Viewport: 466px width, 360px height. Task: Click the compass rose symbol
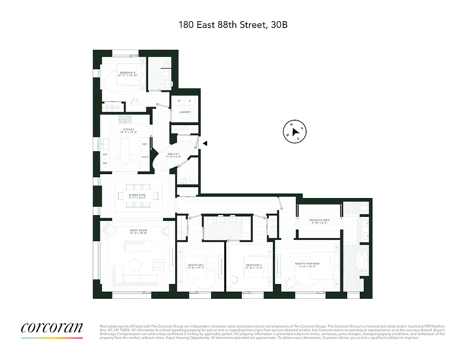(294, 132)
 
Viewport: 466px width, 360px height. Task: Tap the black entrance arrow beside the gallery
(204, 144)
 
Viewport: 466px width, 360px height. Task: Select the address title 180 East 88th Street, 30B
(233, 25)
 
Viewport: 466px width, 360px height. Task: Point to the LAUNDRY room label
(185, 112)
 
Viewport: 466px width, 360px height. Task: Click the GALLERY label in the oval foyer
(173, 154)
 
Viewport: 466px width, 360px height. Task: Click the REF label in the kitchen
(145, 144)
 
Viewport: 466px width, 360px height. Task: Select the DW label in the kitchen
(105, 154)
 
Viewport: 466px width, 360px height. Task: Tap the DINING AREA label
(136, 195)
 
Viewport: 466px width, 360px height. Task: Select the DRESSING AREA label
(319, 220)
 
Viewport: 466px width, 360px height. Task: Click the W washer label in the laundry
(179, 101)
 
